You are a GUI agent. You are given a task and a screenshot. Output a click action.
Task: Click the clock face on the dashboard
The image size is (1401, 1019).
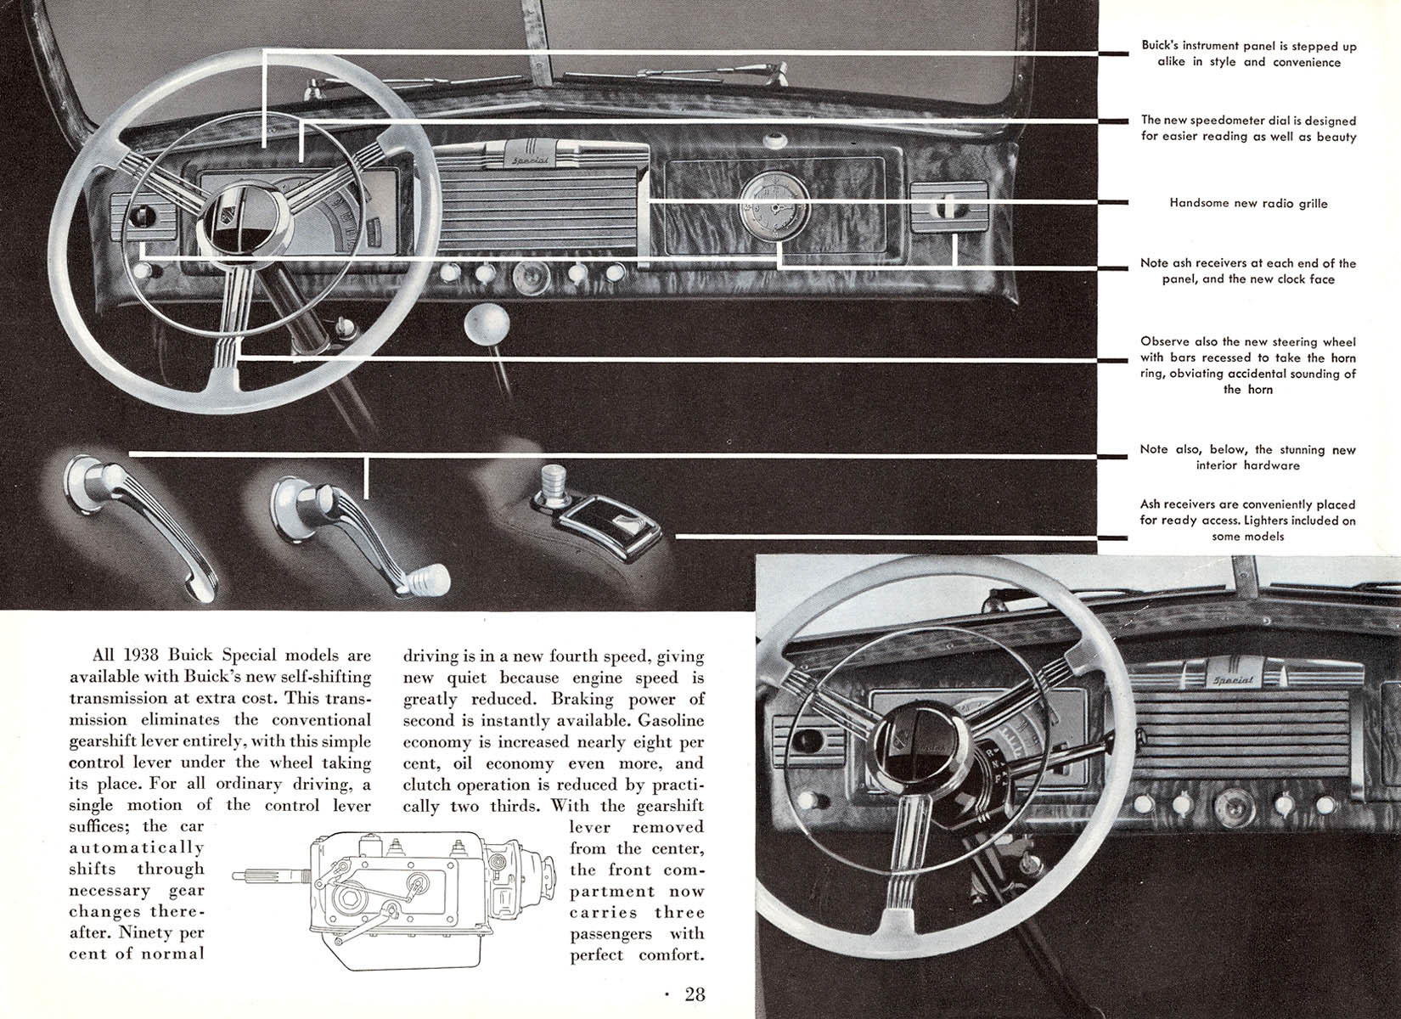click(x=774, y=209)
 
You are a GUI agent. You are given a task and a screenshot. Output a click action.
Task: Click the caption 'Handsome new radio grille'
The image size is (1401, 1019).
click(x=1248, y=204)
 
